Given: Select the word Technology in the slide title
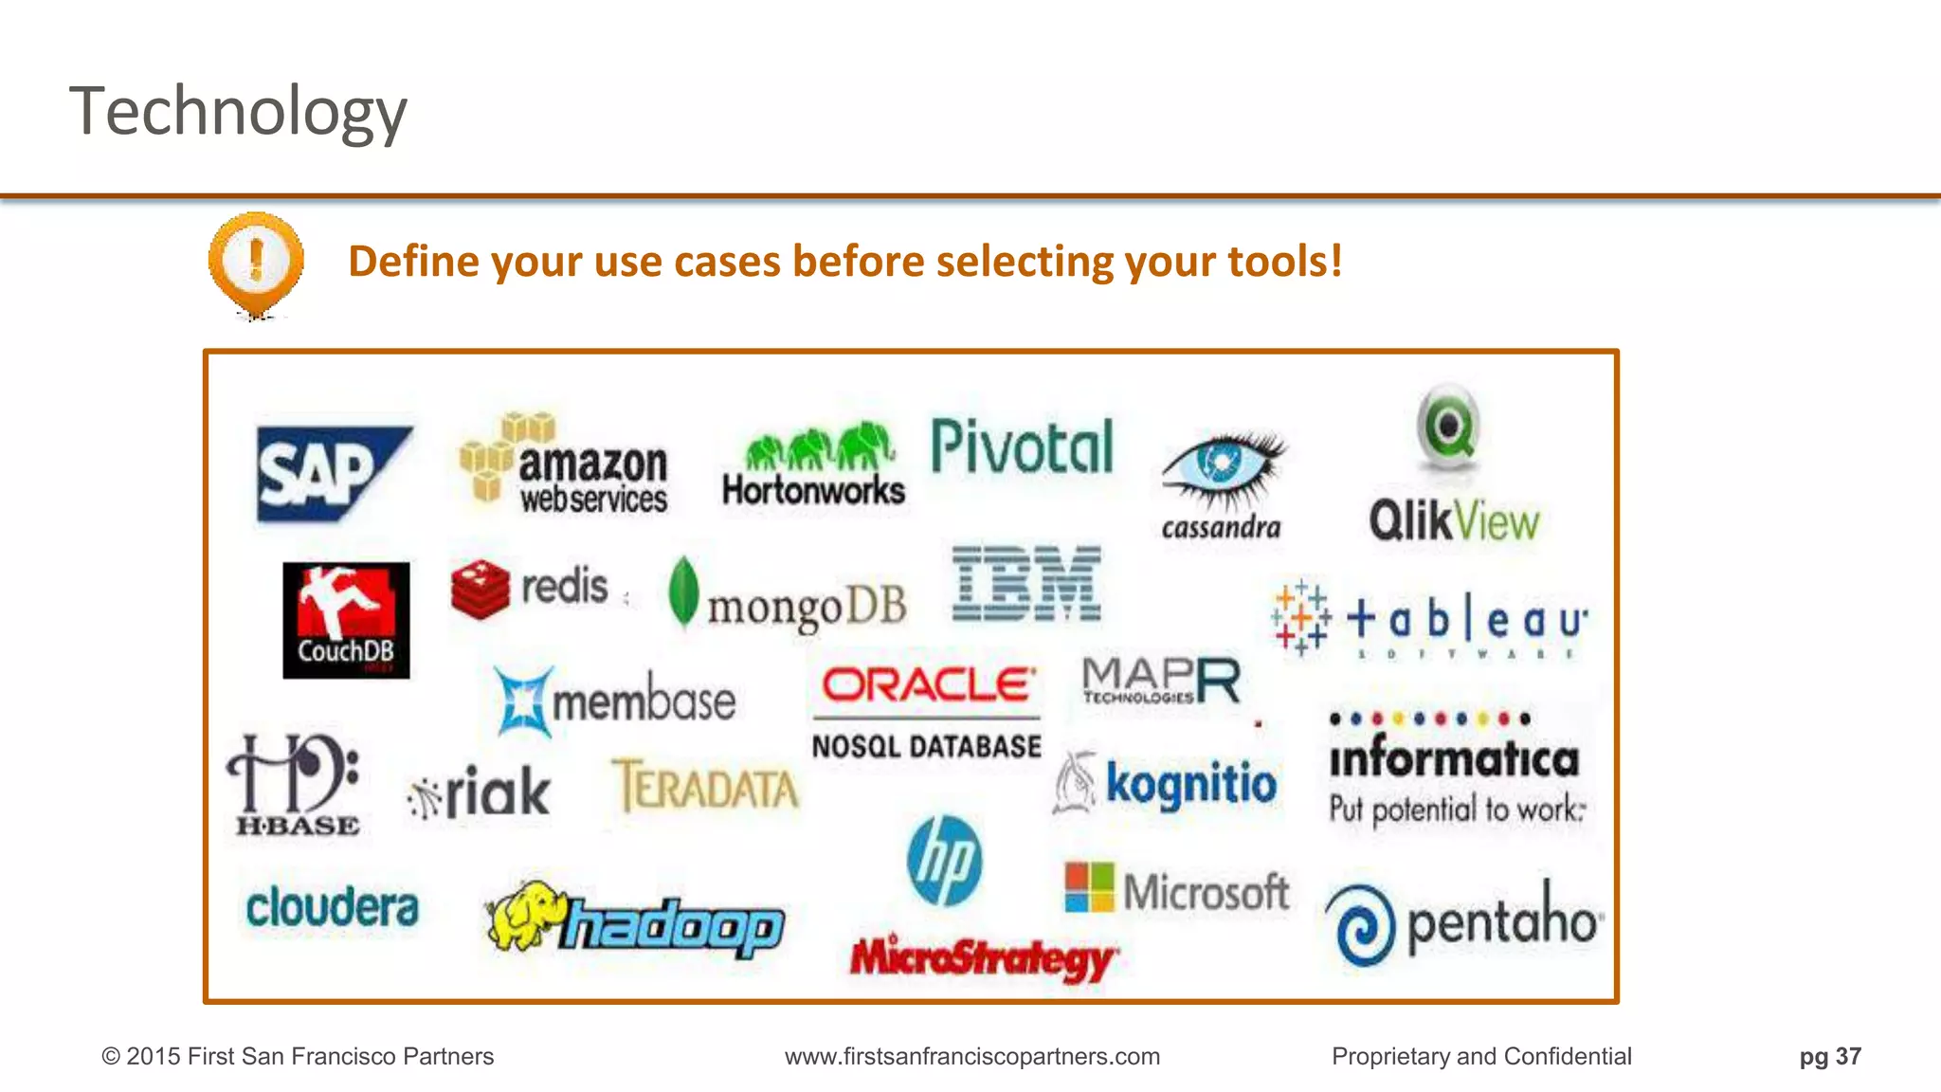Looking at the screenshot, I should (x=238, y=112).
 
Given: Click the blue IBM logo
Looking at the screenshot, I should (x=1026, y=584).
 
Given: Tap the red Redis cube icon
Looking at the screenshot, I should (x=481, y=588).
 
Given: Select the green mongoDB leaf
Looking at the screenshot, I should (x=683, y=591).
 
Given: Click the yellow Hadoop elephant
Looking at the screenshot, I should (x=524, y=916).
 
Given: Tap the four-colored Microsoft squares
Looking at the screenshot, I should (x=1089, y=887).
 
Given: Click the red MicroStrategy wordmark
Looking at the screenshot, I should (x=983, y=957).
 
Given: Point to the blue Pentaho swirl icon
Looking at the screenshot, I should (x=1361, y=925).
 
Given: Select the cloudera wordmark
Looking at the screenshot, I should (x=332, y=907).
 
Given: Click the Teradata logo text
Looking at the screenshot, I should (x=706, y=787).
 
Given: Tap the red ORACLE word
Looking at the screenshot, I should (x=927, y=684).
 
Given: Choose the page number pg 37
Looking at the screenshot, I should (x=1829, y=1056).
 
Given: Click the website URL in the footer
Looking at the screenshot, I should (x=971, y=1056).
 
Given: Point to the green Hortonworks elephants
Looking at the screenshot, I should (x=820, y=446).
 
